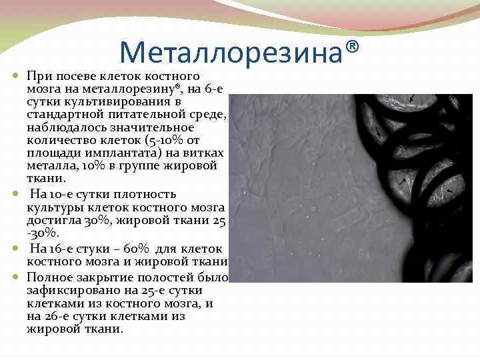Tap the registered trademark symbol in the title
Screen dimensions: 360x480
(353, 47)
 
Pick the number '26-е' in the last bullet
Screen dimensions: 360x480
(63, 316)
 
